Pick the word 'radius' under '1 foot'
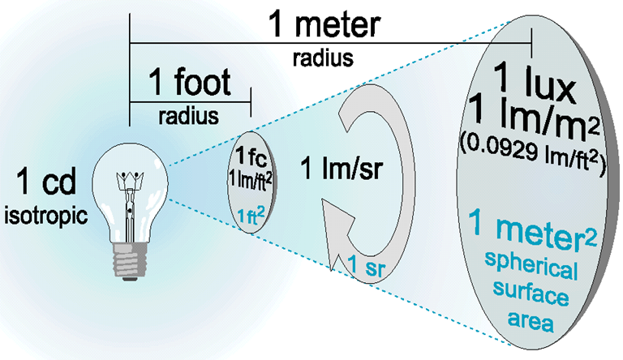pos(187,115)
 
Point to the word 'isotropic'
pos(49,213)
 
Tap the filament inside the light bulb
pos(128,182)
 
